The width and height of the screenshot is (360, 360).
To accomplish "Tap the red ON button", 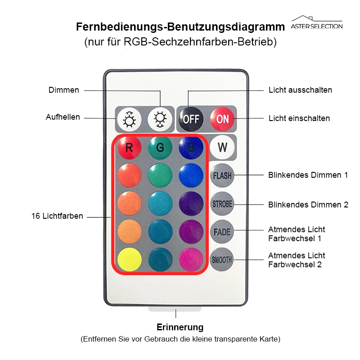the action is (x=222, y=119).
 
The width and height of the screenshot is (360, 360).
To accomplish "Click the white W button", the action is (x=222, y=147).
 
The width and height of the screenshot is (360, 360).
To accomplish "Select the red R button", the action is (x=129, y=148).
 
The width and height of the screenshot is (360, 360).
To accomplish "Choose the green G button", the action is (x=160, y=148).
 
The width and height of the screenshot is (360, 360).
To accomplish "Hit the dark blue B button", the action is (x=191, y=148).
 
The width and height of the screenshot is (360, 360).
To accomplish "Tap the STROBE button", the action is (x=222, y=204).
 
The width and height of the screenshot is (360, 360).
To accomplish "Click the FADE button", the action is (x=222, y=232).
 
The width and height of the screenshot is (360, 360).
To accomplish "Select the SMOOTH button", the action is (x=222, y=260).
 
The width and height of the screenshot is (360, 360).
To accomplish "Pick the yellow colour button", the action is (x=130, y=260).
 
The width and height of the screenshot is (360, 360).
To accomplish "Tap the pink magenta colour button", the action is (x=191, y=260).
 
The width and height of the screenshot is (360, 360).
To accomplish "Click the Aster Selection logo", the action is (x=317, y=22).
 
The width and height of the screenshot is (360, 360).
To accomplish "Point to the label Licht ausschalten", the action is (x=300, y=90).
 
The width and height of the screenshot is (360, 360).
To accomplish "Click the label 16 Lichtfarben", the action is (x=57, y=216).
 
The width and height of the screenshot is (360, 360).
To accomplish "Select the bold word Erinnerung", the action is (x=180, y=328).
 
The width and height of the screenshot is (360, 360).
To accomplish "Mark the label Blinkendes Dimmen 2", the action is (x=308, y=205).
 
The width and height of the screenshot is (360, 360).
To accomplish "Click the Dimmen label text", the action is (x=63, y=90).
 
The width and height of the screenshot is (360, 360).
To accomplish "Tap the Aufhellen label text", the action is (x=63, y=117).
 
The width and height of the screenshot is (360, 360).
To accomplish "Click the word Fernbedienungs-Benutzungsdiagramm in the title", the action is (x=180, y=27).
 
